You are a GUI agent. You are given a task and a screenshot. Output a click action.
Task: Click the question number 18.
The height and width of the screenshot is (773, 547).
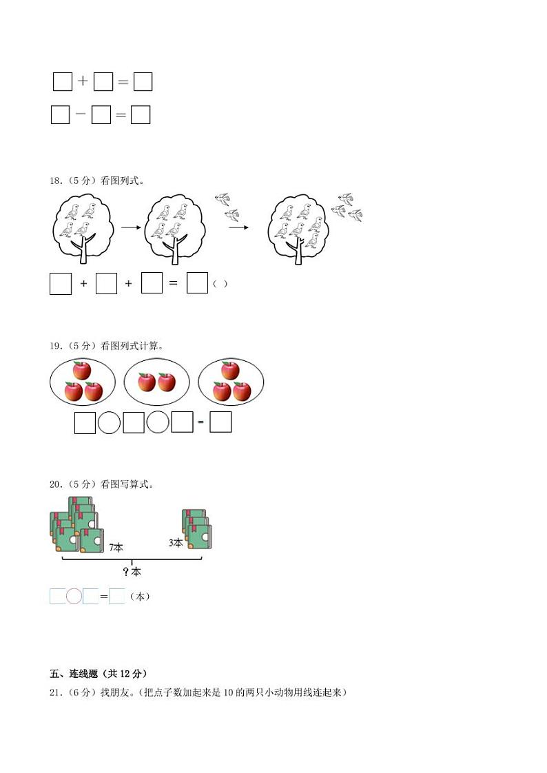tap(55, 181)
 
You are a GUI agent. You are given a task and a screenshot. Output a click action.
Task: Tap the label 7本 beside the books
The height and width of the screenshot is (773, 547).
tap(116, 548)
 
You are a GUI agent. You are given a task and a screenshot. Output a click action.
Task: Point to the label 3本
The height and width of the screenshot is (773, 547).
tap(176, 543)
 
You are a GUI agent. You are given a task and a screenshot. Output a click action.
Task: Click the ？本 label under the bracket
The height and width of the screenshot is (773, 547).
tap(132, 572)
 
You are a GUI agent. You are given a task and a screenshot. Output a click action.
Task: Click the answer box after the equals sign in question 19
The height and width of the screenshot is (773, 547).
tap(220, 422)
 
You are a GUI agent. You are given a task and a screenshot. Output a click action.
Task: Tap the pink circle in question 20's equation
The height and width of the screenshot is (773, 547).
tap(74, 597)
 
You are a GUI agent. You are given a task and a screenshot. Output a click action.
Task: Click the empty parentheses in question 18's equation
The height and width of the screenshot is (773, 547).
tap(220, 284)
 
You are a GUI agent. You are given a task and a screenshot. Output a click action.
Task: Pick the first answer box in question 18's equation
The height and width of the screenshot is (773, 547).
tap(61, 284)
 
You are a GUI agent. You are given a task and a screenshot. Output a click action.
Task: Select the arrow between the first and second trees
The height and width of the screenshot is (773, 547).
tap(130, 226)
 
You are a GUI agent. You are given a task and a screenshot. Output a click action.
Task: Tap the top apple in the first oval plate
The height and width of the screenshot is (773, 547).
tap(82, 371)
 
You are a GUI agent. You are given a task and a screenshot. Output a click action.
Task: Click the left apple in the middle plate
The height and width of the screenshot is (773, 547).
tap(146, 382)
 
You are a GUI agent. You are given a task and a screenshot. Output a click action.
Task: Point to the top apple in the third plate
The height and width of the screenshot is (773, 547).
tap(230, 371)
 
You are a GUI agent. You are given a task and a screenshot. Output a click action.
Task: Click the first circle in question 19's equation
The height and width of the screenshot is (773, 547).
tap(109, 422)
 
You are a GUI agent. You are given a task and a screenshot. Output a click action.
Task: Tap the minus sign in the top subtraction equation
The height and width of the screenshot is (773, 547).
tap(81, 114)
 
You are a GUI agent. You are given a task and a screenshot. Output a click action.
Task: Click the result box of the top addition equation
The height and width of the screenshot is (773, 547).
tap(143, 82)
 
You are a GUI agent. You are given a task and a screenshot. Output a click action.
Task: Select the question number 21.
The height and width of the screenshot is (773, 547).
tap(55, 692)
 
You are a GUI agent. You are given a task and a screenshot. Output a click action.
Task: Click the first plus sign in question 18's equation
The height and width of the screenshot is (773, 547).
tap(84, 284)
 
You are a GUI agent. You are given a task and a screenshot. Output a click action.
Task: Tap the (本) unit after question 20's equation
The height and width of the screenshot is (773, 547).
tap(140, 597)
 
